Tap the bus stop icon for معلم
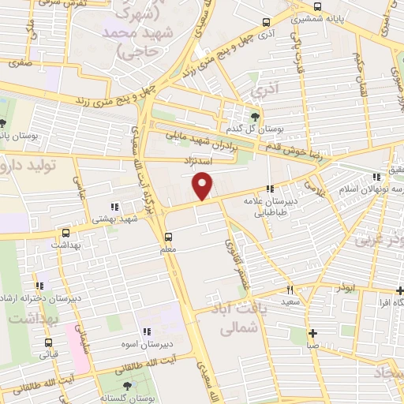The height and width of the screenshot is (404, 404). (167, 237)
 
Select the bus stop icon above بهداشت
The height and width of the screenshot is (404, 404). (65, 233)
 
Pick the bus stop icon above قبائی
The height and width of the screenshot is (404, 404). (50, 342)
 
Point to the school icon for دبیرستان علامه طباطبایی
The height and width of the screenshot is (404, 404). (271, 189)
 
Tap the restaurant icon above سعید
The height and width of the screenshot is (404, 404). (290, 290)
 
